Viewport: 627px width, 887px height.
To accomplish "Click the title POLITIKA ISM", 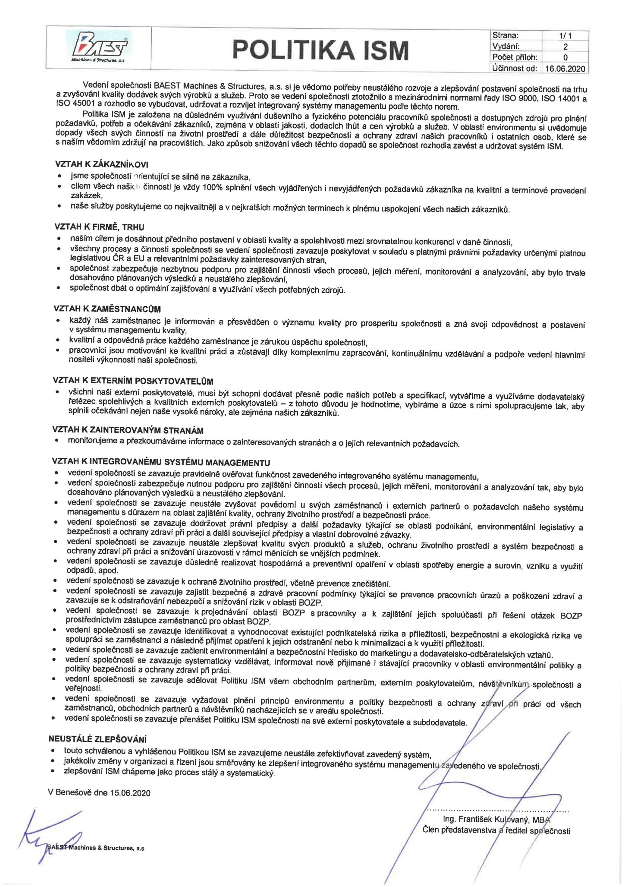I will [x=321, y=50].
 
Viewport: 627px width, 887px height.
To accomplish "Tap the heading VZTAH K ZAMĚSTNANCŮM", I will [x=107, y=309].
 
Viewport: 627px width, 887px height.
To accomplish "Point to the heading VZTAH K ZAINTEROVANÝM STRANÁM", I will [x=128, y=430].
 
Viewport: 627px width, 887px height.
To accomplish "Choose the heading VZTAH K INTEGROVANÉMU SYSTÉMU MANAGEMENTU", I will [x=161, y=463].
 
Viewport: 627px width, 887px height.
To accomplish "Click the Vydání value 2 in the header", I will [x=565, y=47].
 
